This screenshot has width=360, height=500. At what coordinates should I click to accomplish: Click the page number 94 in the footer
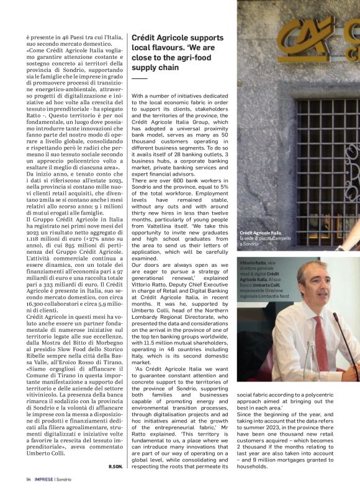tap(29, 479)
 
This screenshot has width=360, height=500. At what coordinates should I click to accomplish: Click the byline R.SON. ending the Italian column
tap(115, 466)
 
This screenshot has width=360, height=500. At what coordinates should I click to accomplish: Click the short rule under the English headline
tap(140, 78)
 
